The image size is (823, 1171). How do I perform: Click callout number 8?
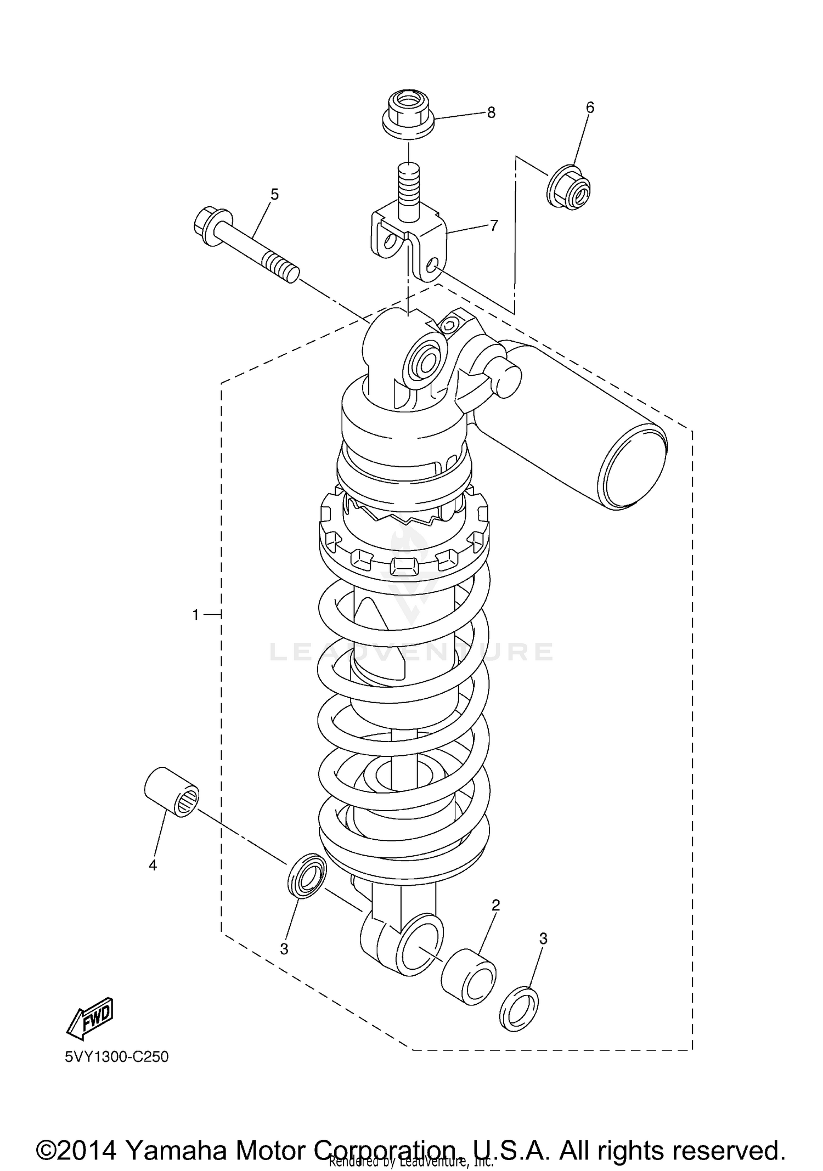point(491,113)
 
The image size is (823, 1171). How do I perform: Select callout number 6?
point(590,108)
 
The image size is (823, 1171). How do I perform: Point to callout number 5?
point(274,194)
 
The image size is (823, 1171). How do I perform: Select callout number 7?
point(493,225)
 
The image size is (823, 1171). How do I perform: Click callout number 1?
point(195,615)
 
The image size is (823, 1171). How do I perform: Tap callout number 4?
point(153,865)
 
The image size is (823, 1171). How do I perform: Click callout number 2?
point(495,906)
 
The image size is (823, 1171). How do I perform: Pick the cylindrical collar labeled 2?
point(469,976)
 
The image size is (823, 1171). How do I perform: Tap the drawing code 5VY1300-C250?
point(116,1056)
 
